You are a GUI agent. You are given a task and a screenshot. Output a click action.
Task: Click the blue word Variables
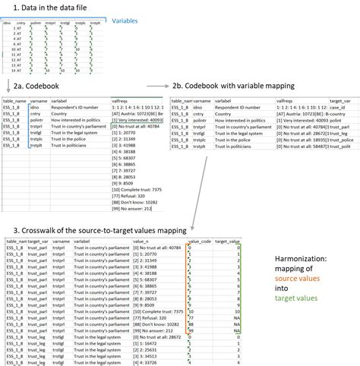(129, 22)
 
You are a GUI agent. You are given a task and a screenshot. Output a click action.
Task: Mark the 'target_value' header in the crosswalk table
(229, 241)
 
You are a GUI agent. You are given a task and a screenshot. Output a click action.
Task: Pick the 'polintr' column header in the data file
(37, 24)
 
